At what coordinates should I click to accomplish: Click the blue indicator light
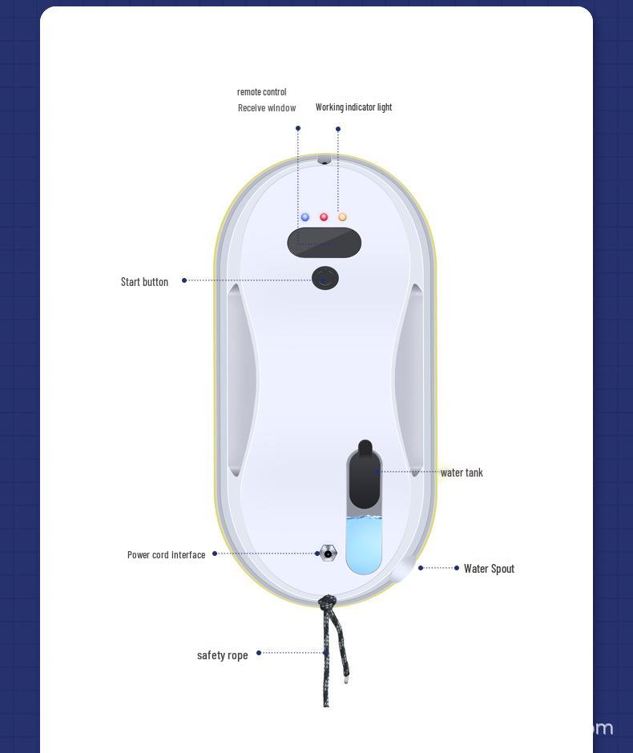pos(305,217)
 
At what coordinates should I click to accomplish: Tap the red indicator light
pos(324,217)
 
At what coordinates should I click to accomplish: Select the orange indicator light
pos(342,217)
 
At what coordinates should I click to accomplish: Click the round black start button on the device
pos(325,278)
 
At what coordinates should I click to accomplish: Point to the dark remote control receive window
pos(325,243)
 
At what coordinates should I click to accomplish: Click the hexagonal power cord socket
pos(328,554)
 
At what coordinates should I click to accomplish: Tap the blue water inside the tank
pos(364,545)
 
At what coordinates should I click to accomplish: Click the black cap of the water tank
pos(365,475)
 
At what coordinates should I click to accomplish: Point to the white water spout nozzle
pos(402,569)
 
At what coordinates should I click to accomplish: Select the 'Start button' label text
pos(144,282)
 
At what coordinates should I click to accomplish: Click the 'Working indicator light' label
pos(353,107)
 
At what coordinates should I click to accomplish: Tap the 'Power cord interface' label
pos(166,554)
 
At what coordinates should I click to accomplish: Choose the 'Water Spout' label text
pos(489,569)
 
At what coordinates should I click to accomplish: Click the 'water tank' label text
pos(462,473)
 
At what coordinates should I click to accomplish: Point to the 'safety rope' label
pos(223,655)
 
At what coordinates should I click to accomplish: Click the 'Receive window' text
pos(267,108)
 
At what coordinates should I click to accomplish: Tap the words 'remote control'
pos(262,92)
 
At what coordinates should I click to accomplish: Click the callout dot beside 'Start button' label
pos(184,280)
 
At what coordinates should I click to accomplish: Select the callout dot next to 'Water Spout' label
pos(456,568)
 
